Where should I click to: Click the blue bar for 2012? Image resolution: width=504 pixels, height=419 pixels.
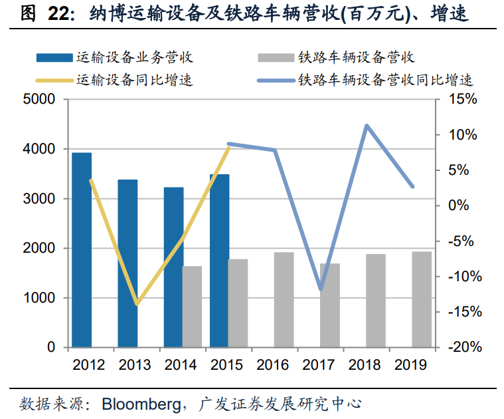click(x=82, y=250)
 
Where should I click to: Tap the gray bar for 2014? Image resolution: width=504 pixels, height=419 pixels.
click(x=192, y=307)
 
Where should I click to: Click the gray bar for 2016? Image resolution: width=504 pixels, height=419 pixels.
click(x=284, y=300)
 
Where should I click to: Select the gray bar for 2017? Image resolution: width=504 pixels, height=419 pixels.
click(x=330, y=305)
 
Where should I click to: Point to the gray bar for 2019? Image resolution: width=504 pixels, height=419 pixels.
click(x=422, y=299)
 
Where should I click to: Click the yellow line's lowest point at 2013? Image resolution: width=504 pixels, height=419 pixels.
click(x=137, y=304)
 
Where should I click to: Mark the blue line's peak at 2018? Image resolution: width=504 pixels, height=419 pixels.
click(x=367, y=125)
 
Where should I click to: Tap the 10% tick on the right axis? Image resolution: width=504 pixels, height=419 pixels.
click(x=462, y=135)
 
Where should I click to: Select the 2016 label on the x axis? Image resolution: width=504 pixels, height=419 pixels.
click(x=272, y=364)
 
